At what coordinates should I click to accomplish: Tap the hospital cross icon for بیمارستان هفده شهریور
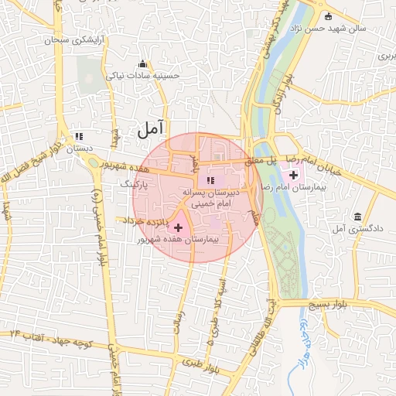pos(179,227)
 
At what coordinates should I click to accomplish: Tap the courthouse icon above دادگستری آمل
pos(357,217)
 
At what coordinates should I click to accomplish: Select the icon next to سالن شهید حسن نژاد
pos(328,16)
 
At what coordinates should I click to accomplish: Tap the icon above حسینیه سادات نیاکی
pos(142,63)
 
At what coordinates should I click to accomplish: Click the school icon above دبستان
pos(78,135)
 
